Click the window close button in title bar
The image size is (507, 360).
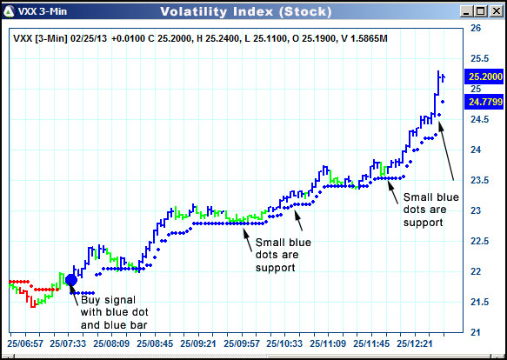(x=494, y=12)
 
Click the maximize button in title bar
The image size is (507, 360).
(x=479, y=12)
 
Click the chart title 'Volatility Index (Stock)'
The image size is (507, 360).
(x=245, y=12)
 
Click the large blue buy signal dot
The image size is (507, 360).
(x=71, y=279)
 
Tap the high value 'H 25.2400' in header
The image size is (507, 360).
(x=217, y=38)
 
